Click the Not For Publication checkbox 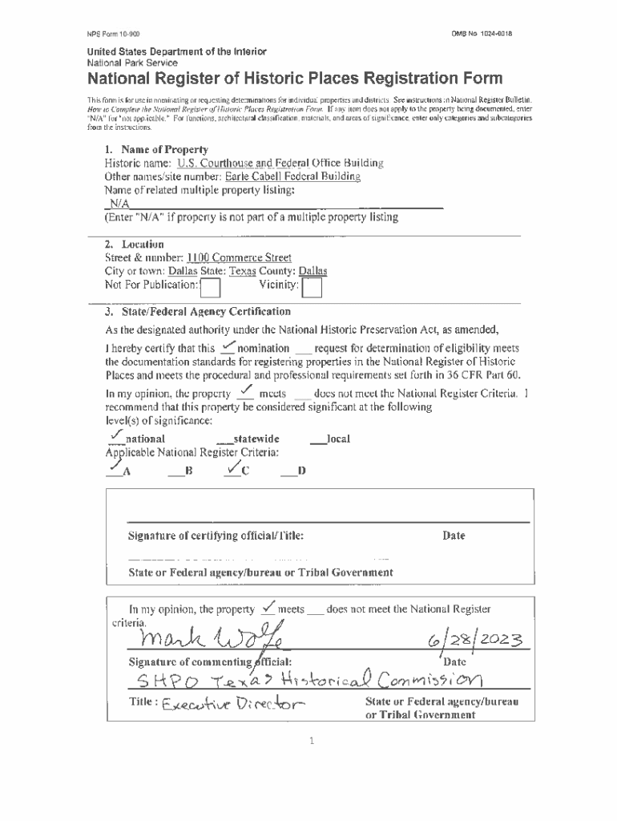[x=210, y=287]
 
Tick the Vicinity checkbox [x=313, y=287]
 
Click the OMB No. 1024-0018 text [x=482, y=34]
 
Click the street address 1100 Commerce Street [x=239, y=258]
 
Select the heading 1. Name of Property [x=156, y=150]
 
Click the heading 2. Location [x=135, y=244]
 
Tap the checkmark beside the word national [x=115, y=435]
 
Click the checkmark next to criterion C [x=234, y=467]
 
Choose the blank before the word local [x=317, y=440]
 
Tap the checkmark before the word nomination [x=227, y=346]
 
